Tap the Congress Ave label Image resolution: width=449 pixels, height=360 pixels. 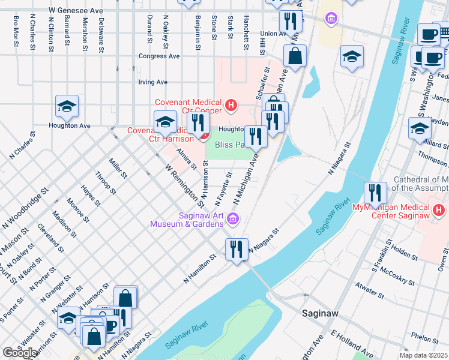tap(159, 56)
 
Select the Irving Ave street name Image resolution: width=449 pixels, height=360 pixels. tap(152, 82)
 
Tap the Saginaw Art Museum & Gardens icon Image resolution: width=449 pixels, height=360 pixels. tap(232, 221)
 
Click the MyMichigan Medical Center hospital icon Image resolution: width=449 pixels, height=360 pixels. tap(439, 211)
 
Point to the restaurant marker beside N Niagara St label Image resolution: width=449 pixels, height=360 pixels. tap(237, 249)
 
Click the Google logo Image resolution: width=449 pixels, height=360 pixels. tap(20, 352)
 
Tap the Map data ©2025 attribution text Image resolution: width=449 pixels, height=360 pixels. tap(423, 355)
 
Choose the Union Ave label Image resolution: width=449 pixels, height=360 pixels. tap(273, 34)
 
